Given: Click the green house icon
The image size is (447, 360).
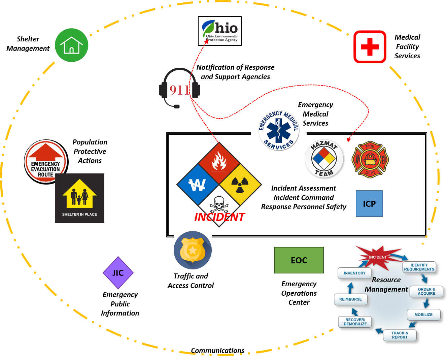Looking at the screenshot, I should [x=72, y=45].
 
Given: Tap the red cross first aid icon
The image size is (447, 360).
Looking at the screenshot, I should [x=370, y=47].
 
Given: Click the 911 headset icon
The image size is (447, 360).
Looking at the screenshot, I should [x=179, y=89].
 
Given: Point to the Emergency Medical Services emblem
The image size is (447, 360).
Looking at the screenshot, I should [x=279, y=130].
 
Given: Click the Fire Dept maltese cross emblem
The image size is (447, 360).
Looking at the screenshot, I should [x=370, y=160].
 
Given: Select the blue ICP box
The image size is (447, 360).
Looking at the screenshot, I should [x=369, y=204].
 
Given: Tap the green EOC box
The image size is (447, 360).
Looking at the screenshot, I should [x=299, y=260].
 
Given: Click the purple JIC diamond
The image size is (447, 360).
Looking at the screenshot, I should [x=118, y=273].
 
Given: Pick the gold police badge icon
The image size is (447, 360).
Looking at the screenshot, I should [x=193, y=250].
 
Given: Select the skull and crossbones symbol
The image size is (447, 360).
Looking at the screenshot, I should [x=219, y=204].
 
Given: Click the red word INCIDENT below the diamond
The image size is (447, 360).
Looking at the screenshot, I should [x=219, y=217].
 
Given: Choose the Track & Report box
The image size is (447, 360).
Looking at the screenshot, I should [x=400, y=335].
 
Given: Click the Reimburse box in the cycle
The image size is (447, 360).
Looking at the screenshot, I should [x=350, y=299].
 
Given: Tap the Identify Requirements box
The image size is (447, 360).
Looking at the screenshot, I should [x=419, y=267].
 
